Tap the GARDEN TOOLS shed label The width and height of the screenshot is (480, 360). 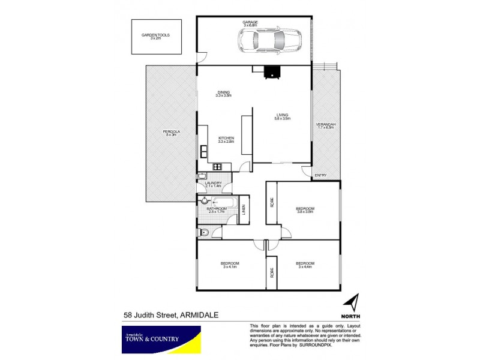tap(155, 36)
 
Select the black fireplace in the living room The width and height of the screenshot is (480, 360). tap(272, 71)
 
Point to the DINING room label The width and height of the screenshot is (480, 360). tap(224, 94)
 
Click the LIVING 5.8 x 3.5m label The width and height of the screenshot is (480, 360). tap(283, 116)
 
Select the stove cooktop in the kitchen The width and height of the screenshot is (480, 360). tap(216, 167)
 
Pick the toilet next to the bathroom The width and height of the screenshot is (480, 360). tap(204, 232)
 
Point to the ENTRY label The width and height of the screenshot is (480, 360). tap(320, 175)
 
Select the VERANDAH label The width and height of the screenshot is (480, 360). tap(326, 126)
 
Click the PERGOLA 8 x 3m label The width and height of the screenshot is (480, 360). tap(171, 133)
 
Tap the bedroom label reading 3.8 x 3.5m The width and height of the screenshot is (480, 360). tap(305, 210)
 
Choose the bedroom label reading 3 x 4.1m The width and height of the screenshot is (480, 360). tap(230, 265)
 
